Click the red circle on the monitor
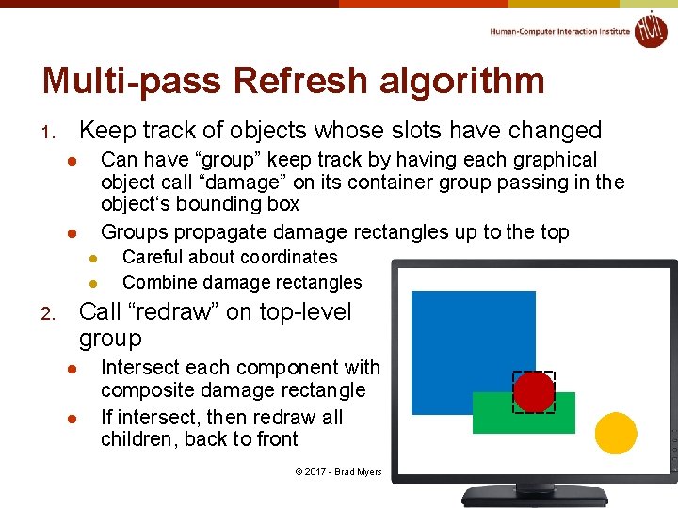tap(534, 392)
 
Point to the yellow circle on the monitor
tap(617, 433)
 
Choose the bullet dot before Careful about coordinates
tap(93, 258)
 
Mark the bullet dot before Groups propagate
tap(71, 232)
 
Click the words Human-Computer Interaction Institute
tap(559, 31)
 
